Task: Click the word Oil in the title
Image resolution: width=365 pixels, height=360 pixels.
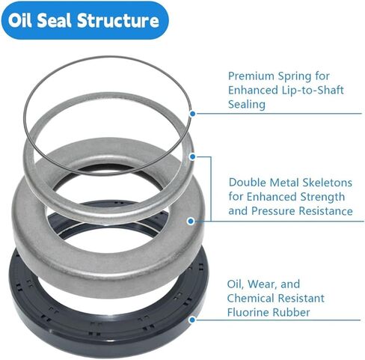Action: click(19, 20)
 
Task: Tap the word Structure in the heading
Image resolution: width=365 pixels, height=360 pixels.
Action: click(118, 20)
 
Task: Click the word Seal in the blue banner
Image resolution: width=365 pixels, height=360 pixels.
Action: click(55, 20)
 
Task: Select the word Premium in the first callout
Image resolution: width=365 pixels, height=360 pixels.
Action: click(251, 76)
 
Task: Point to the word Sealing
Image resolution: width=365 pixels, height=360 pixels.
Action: click(247, 104)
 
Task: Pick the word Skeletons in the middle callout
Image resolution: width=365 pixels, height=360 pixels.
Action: click(328, 183)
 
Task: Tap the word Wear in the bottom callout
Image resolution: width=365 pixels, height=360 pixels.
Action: click(263, 284)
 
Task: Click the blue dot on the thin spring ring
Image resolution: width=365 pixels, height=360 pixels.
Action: click(192, 114)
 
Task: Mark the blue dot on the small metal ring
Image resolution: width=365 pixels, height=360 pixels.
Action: click(192, 156)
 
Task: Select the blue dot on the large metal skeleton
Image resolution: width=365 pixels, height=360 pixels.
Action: click(191, 221)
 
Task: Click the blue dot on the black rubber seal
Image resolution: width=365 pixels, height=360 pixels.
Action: click(192, 320)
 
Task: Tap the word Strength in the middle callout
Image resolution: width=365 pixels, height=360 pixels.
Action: click(321, 197)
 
